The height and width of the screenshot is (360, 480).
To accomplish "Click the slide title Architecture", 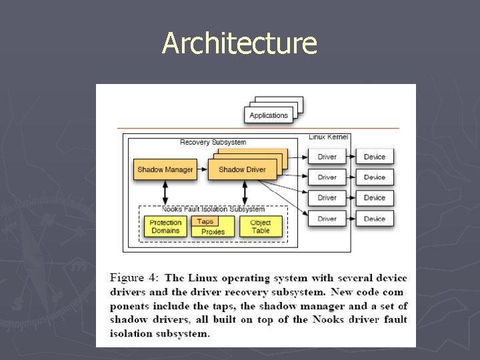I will coord(239,44).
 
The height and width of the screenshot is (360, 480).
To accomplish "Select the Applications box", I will coord(269,115).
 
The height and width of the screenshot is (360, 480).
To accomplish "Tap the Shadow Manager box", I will coord(165,169).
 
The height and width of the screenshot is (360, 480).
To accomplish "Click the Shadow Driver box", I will coord(241,169).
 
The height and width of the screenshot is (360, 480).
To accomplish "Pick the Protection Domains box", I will coord(165,227).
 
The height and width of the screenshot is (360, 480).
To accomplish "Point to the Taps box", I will coord(205,221).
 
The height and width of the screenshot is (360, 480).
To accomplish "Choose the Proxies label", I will coord(213,231).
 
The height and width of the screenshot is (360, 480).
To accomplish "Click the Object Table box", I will coord(261,227).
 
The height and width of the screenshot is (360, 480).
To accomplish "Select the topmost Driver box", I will coord(327,157).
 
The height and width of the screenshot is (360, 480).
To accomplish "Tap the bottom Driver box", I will coord(327,219).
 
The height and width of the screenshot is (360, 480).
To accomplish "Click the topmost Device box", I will coord(375,157).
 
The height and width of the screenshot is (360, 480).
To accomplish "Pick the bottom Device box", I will coord(375,219).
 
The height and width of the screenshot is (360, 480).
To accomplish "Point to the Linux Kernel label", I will coord(328,137).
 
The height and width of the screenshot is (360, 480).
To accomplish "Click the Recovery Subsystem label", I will coord(213,142).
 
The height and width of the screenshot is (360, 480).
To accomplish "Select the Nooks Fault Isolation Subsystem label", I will coord(213,209).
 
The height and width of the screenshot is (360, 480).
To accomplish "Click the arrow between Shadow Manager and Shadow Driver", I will coord(202,169).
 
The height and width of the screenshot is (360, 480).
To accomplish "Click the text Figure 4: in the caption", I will coord(133,277).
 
